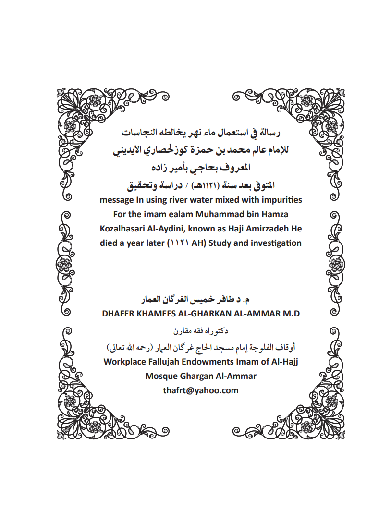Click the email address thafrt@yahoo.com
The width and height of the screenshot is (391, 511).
[201, 390]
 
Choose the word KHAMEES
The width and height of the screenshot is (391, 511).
[160, 314]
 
